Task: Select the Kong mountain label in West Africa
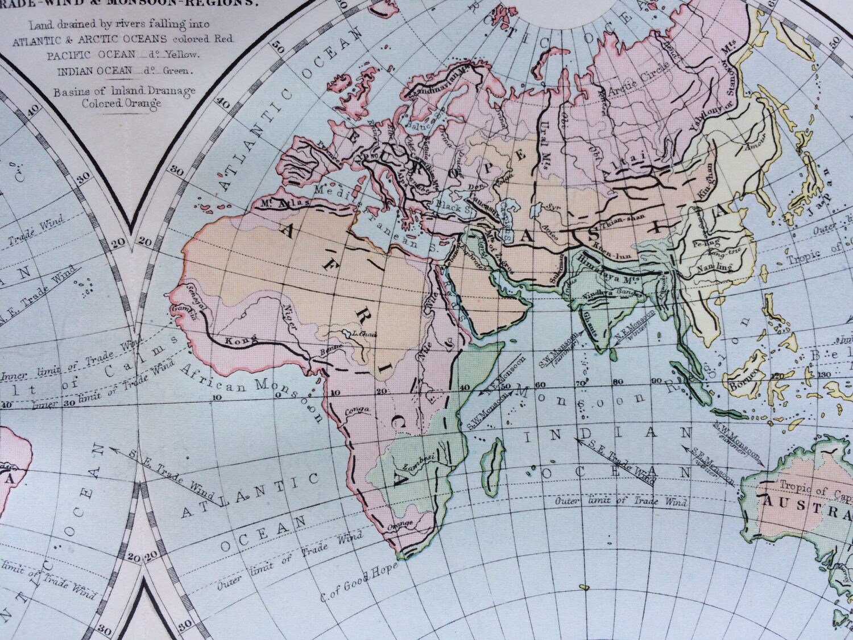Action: [236, 342]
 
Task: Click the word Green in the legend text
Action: [181, 72]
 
